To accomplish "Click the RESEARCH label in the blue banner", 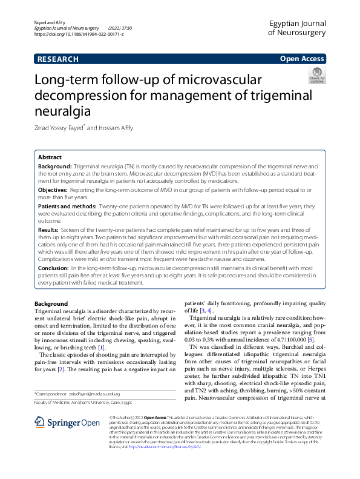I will pyautogui.click(x=57, y=59).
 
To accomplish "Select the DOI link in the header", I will pyautogui.click(x=79, y=35).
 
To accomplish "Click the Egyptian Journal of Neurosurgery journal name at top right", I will pyautogui.click(x=296, y=27).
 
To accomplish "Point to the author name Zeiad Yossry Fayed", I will pyautogui.click(x=63, y=128).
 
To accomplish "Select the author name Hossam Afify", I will pyautogui.click(x=114, y=128).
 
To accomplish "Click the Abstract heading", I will pyautogui.click(x=50, y=156).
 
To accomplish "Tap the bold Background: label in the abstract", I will pyautogui.click(x=55, y=165).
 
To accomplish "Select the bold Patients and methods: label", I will pyautogui.click(x=67, y=206).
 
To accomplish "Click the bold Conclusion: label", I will pyautogui.click(x=53, y=267).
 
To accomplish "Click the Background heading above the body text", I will pyautogui.click(x=51, y=303).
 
